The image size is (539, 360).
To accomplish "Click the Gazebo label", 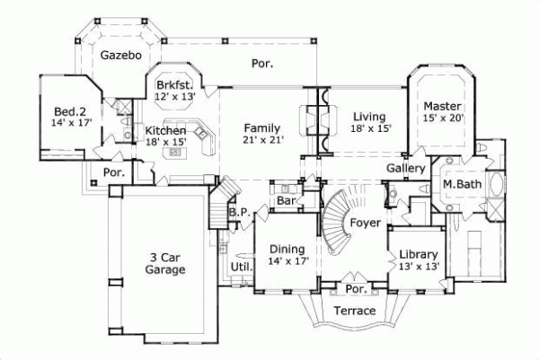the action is (x=121, y=55).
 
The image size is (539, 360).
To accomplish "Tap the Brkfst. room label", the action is (x=175, y=84).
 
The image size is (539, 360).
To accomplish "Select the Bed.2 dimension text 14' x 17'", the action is (x=72, y=122).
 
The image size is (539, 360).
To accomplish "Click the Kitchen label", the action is (x=165, y=130).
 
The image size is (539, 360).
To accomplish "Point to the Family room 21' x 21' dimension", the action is (x=263, y=140).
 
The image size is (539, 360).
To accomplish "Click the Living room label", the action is (x=369, y=117).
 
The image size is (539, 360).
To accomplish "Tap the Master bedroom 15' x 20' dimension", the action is (x=444, y=118).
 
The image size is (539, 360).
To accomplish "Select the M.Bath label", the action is (x=462, y=184).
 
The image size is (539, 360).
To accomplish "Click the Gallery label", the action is (x=406, y=168).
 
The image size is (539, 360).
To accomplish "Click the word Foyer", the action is (x=365, y=223).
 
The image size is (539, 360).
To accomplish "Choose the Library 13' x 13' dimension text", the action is (x=419, y=267).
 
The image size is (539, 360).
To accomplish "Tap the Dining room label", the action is (x=287, y=249).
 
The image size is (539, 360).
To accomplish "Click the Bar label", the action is (x=286, y=200).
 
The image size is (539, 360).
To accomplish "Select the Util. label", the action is (x=242, y=267).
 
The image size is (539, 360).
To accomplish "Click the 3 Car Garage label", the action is (x=165, y=263).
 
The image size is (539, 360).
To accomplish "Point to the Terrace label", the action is (x=355, y=311).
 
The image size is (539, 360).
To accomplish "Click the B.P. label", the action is (x=240, y=212).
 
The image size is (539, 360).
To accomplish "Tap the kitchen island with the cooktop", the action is (x=175, y=153).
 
